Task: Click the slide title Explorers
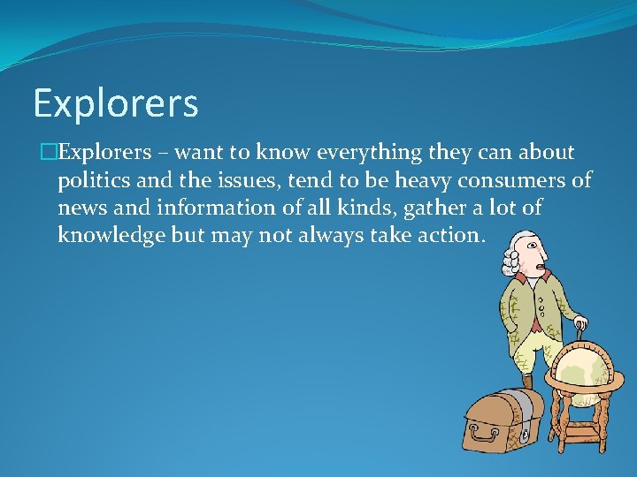click(x=116, y=103)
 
